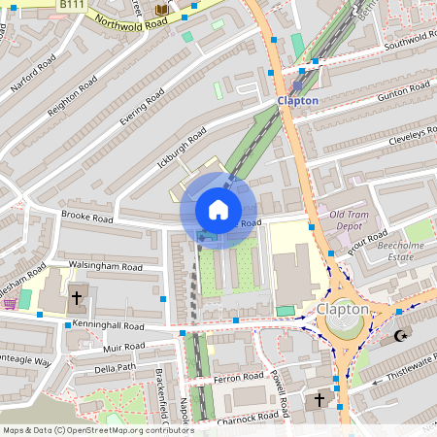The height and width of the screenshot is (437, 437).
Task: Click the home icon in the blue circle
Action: [x=218, y=210]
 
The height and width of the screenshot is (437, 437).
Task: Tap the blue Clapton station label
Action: [x=297, y=100]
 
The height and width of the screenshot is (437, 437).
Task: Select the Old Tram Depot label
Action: [x=350, y=219]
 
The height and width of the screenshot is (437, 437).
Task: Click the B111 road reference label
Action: [x=70, y=5]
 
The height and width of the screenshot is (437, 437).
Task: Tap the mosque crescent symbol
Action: [x=400, y=336]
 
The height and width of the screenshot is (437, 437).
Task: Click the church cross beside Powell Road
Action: [x=319, y=399]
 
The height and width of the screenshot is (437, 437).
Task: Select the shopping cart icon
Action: [x=10, y=303]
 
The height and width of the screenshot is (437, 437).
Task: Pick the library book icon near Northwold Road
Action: [x=160, y=10]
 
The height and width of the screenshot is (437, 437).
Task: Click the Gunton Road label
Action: [x=403, y=90]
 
